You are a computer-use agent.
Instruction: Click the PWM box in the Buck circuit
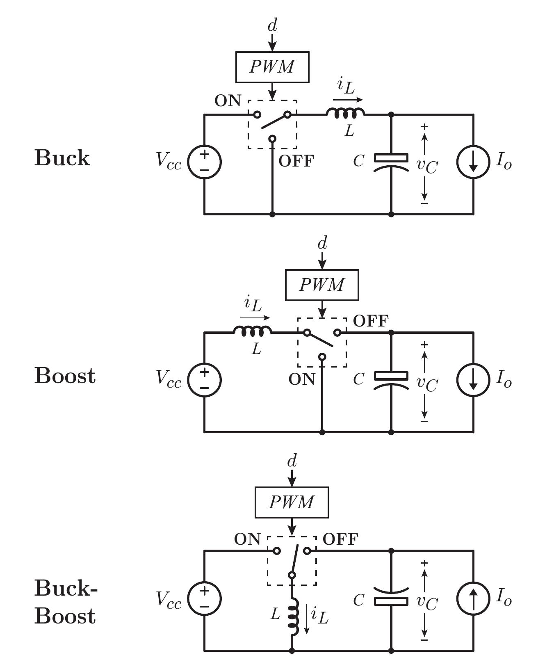(x=272, y=67)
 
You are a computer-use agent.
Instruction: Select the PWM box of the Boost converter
(x=322, y=285)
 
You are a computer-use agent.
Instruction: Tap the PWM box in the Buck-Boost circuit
(x=292, y=502)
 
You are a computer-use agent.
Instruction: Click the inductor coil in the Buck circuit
(x=345, y=113)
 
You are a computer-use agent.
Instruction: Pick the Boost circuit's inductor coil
(x=252, y=331)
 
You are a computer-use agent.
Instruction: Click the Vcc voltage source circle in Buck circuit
(x=204, y=162)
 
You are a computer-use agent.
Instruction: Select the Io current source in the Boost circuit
(x=473, y=380)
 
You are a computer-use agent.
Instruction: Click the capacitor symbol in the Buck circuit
(x=391, y=162)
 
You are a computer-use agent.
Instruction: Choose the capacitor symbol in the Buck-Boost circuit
(x=391, y=597)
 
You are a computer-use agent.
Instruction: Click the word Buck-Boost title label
(x=66, y=602)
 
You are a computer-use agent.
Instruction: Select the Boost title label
(x=65, y=376)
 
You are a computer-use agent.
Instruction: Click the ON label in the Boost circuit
(x=302, y=379)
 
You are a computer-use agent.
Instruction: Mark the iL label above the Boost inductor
(x=253, y=304)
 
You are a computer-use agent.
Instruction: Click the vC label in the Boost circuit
(x=427, y=383)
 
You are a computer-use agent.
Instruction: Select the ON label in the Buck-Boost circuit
(x=247, y=539)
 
